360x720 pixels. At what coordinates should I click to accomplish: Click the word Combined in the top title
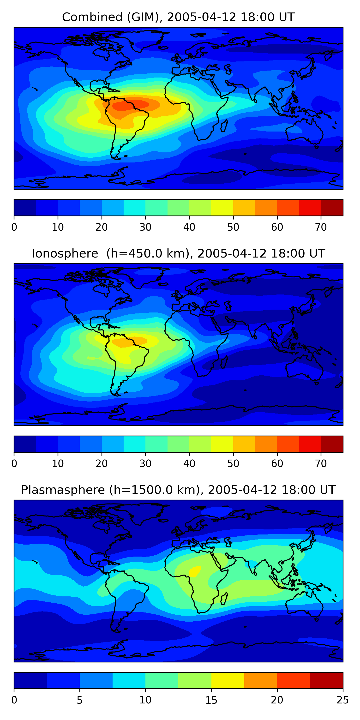tap(92, 17)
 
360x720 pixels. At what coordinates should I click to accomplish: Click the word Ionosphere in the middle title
tap(65, 254)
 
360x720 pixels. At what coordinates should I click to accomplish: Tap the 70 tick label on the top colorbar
tap(321, 227)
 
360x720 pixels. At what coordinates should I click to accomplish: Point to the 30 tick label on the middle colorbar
tap(145, 463)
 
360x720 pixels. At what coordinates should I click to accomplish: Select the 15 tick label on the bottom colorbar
tap(211, 700)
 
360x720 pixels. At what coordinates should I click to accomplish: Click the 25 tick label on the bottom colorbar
tap(342, 700)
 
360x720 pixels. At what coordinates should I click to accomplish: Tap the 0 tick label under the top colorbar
tap(14, 227)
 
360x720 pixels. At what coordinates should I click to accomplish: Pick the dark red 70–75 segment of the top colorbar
tap(332, 208)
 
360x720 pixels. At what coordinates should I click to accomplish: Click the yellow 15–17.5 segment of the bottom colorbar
tap(228, 680)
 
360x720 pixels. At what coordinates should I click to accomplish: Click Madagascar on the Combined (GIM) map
tap(224, 126)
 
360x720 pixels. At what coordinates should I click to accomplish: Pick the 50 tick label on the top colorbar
tap(233, 227)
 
